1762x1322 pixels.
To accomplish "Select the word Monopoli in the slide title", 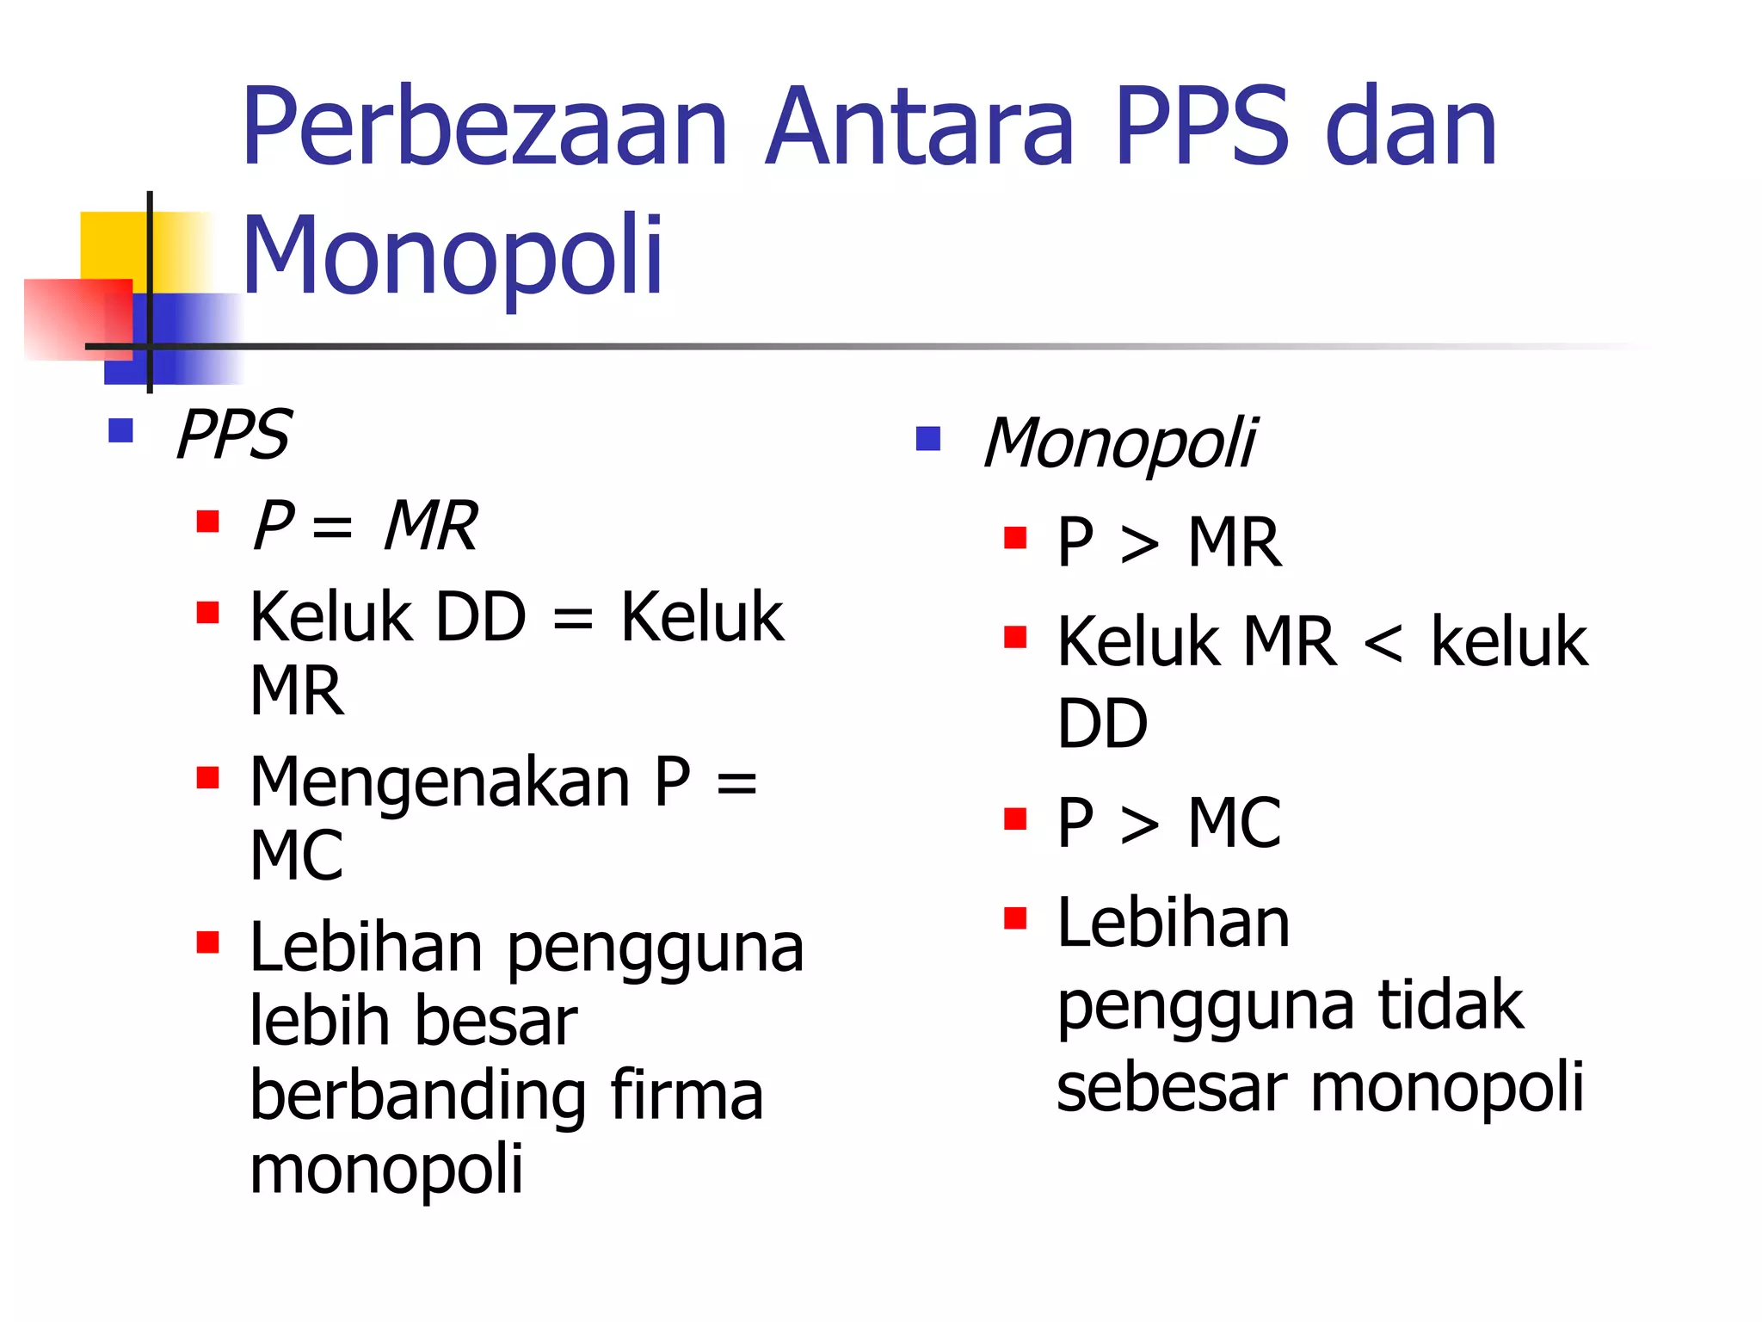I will [x=453, y=256].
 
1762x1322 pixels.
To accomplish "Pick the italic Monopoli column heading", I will [x=1119, y=443].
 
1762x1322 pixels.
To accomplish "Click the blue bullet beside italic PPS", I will [x=120, y=430].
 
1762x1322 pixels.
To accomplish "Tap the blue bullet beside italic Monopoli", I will [x=928, y=439].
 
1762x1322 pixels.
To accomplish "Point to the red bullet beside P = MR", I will [x=207, y=522].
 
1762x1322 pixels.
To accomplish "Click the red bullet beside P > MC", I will [x=1015, y=819].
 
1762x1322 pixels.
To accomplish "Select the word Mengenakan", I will [x=440, y=783].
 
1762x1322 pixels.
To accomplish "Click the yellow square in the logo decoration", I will [x=112, y=245].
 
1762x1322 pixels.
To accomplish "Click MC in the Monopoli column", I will [x=1234, y=823].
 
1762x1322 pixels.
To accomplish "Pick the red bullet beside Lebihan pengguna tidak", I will [x=1015, y=918].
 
